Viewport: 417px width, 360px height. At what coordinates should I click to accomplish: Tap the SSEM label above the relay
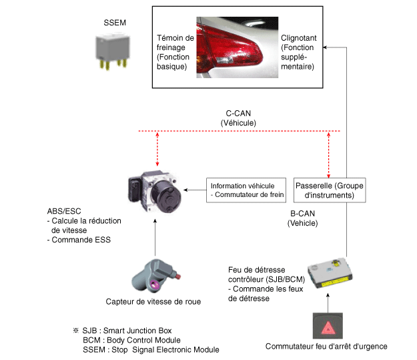coord(115,23)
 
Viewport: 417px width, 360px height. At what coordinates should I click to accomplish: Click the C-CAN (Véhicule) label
coord(238,118)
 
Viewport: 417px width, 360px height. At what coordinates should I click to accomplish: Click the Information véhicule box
coord(247,190)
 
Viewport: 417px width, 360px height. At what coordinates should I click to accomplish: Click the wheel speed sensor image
coord(149,275)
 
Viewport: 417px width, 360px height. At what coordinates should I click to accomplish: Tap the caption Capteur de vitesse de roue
coord(153,301)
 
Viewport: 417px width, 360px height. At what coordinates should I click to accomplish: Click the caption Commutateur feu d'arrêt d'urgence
coord(326,346)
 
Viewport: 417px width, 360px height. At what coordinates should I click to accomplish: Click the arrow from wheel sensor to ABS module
coord(155,237)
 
